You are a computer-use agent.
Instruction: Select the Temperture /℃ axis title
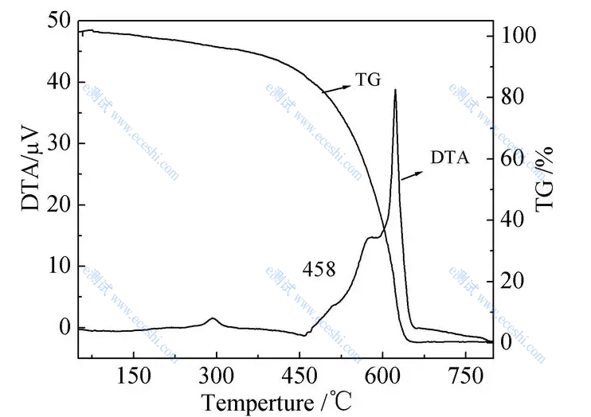pyautogui.click(x=276, y=400)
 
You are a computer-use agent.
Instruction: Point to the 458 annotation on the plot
pyautogui.click(x=319, y=270)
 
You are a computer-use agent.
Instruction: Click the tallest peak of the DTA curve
pyautogui.click(x=395, y=91)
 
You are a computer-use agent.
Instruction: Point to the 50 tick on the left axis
pyautogui.click(x=60, y=21)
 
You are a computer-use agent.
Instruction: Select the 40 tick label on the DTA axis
pyautogui.click(x=60, y=82)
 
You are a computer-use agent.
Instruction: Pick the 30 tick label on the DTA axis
pyautogui.click(x=60, y=143)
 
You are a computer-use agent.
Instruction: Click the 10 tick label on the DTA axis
pyautogui.click(x=60, y=266)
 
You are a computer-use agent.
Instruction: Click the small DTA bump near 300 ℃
pyautogui.click(x=213, y=319)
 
